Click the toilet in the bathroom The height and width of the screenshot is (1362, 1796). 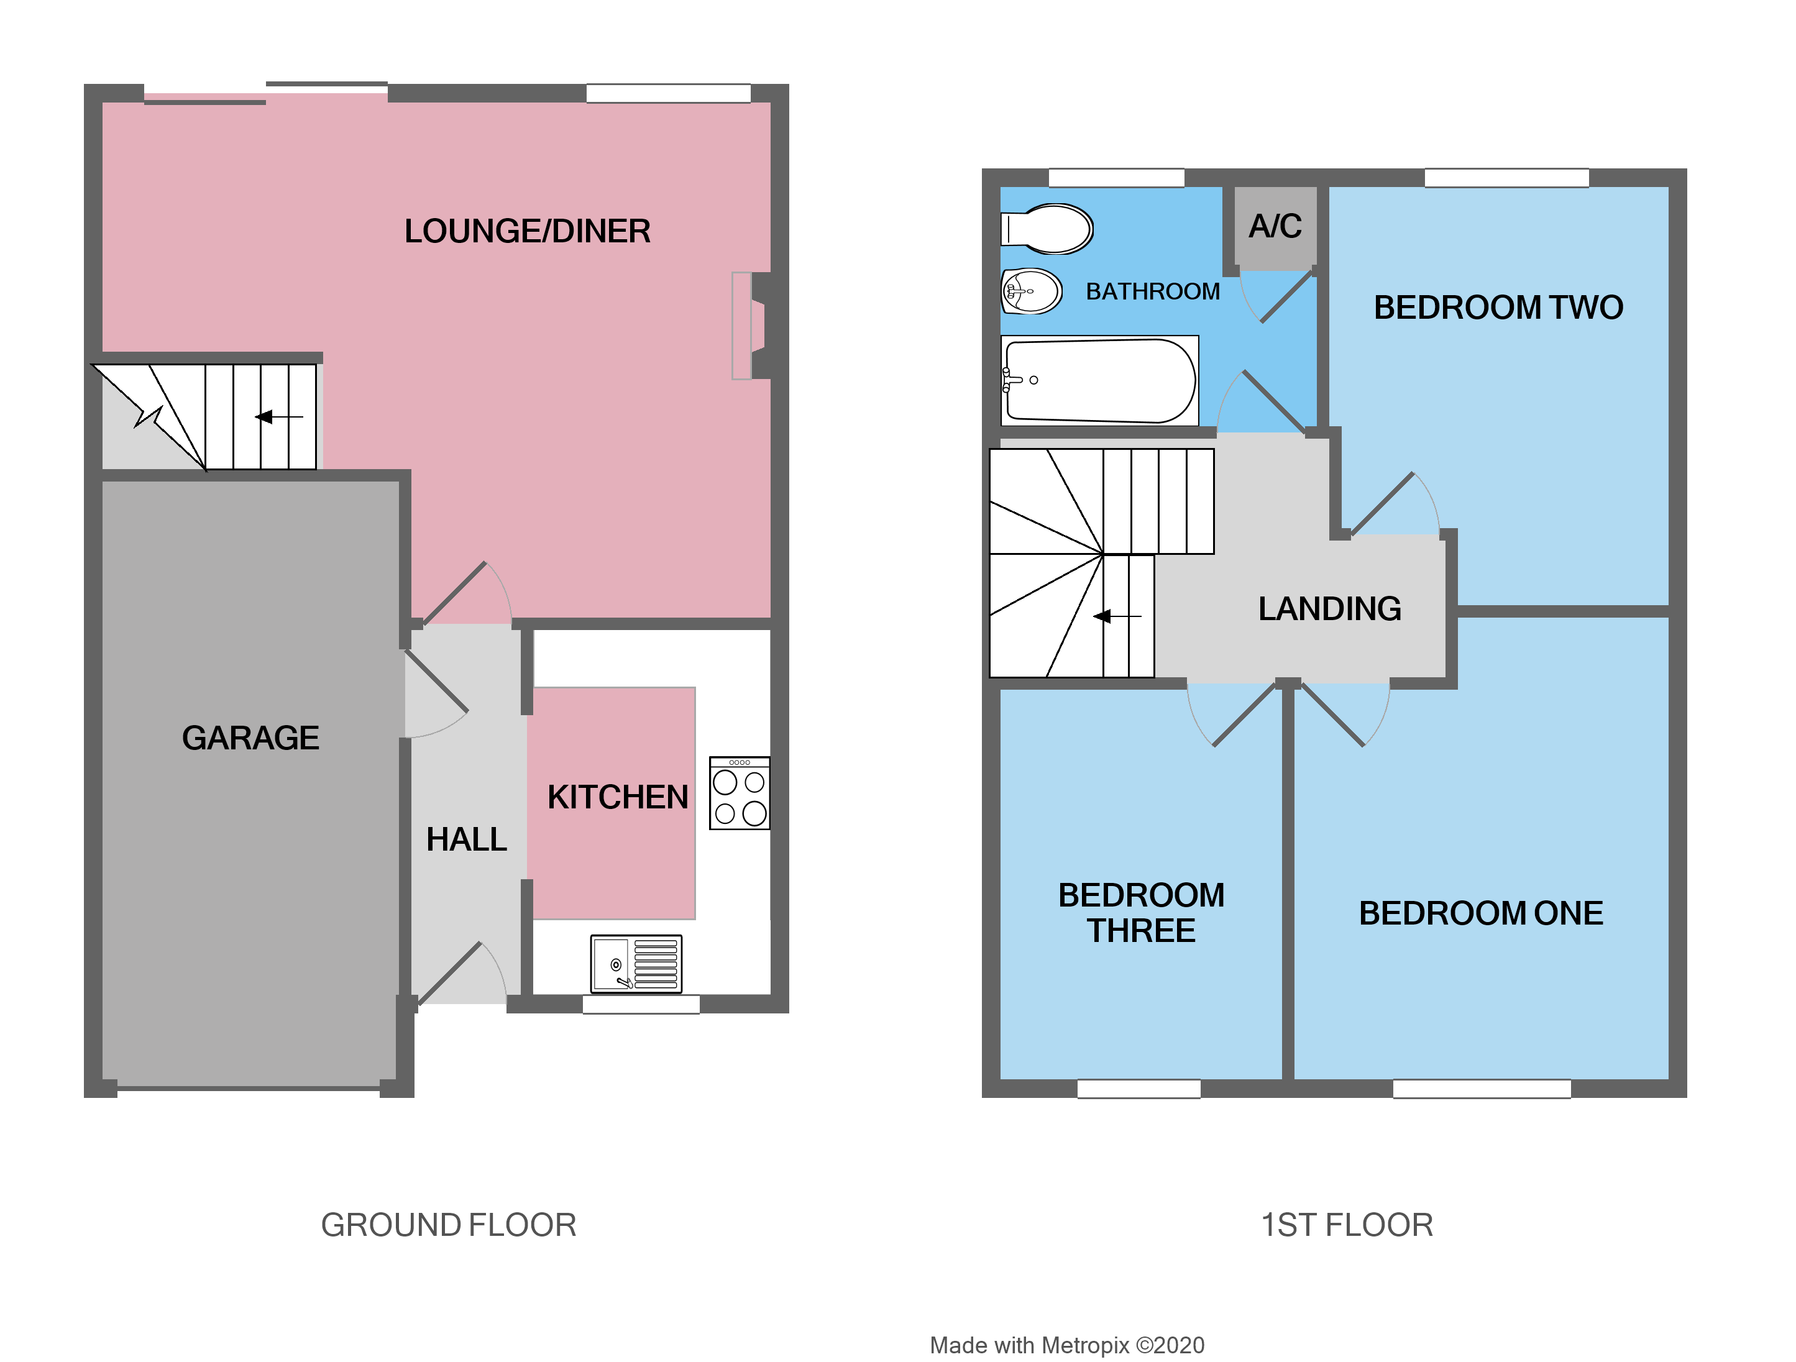click(1047, 229)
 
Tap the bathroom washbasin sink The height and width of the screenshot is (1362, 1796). click(1031, 291)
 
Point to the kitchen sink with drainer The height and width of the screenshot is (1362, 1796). click(636, 964)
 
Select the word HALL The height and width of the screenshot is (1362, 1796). click(466, 840)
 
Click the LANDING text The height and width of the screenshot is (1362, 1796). click(1330, 609)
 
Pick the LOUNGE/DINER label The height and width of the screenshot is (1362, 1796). click(528, 231)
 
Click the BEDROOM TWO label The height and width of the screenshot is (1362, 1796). click(1498, 308)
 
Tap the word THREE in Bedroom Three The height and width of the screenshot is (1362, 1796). click(1141, 931)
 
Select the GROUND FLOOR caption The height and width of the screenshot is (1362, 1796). click(448, 1225)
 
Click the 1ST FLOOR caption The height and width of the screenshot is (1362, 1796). click(1346, 1225)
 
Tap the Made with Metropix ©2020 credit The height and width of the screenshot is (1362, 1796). click(1067, 1345)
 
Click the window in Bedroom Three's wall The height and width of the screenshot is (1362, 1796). click(1139, 1089)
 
